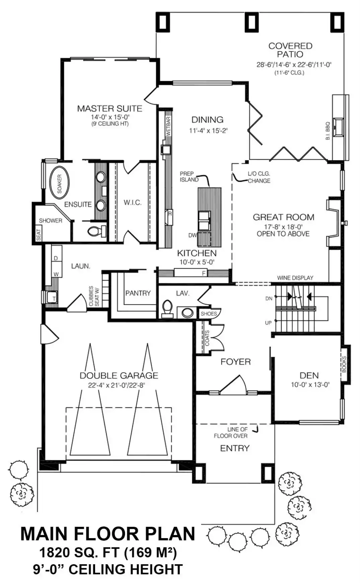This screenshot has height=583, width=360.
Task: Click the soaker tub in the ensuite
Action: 59,184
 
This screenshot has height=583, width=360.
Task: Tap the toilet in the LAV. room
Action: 166,308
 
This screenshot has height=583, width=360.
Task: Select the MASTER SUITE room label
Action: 110,108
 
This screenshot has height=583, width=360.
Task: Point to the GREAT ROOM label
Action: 283,217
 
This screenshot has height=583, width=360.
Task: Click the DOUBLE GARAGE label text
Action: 119,375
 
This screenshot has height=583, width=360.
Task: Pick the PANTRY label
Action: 138,293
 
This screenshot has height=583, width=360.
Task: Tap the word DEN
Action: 309,375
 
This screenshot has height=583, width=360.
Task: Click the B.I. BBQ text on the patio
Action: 328,131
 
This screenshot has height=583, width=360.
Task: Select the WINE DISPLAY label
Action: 295,278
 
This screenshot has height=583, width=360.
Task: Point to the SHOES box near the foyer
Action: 209,314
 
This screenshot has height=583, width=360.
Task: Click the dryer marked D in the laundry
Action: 56,258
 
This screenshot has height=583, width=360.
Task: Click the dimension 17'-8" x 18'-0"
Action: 283,227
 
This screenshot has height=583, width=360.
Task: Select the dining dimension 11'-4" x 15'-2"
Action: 208,130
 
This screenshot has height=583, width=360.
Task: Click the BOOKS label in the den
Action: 344,364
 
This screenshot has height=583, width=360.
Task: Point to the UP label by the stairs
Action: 268,323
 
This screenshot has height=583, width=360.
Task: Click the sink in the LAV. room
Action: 188,313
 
